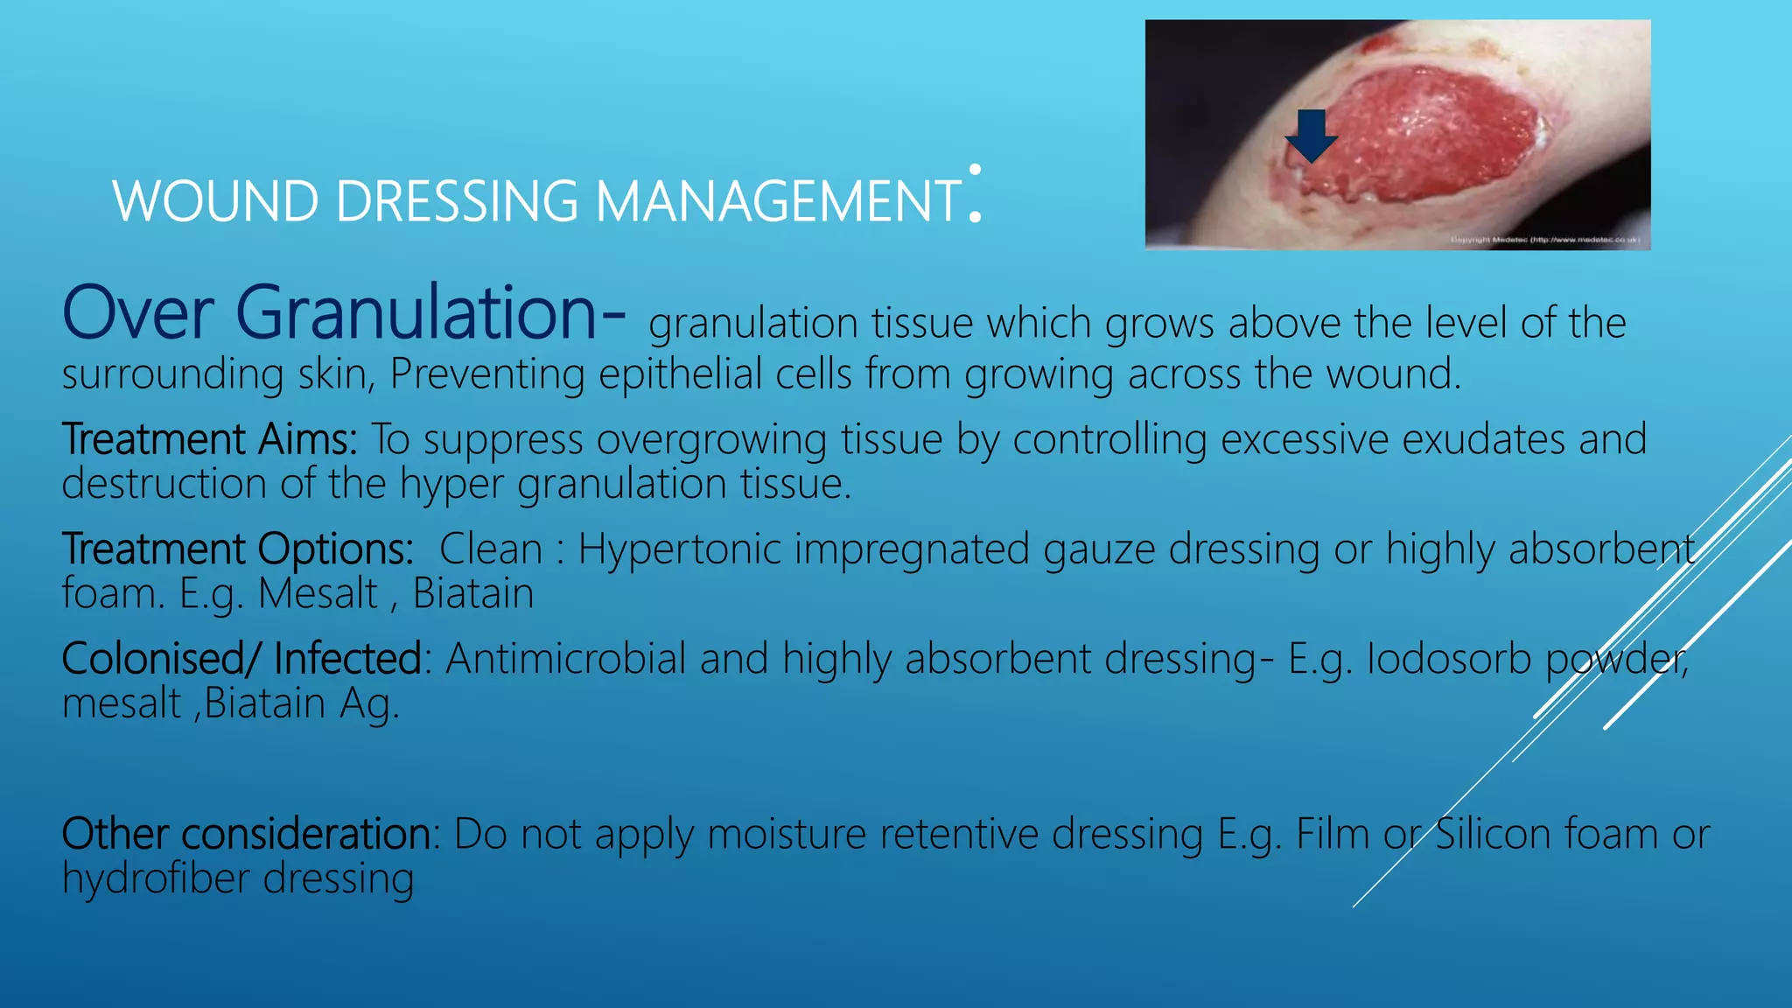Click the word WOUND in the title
click(215, 201)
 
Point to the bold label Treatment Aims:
click(209, 439)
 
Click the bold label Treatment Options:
click(237, 549)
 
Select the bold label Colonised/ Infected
click(241, 659)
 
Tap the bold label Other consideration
click(245, 834)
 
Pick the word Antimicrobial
click(565, 659)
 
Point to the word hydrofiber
click(156, 878)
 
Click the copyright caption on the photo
click(1544, 240)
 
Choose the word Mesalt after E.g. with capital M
click(318, 594)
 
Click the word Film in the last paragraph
click(1332, 834)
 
